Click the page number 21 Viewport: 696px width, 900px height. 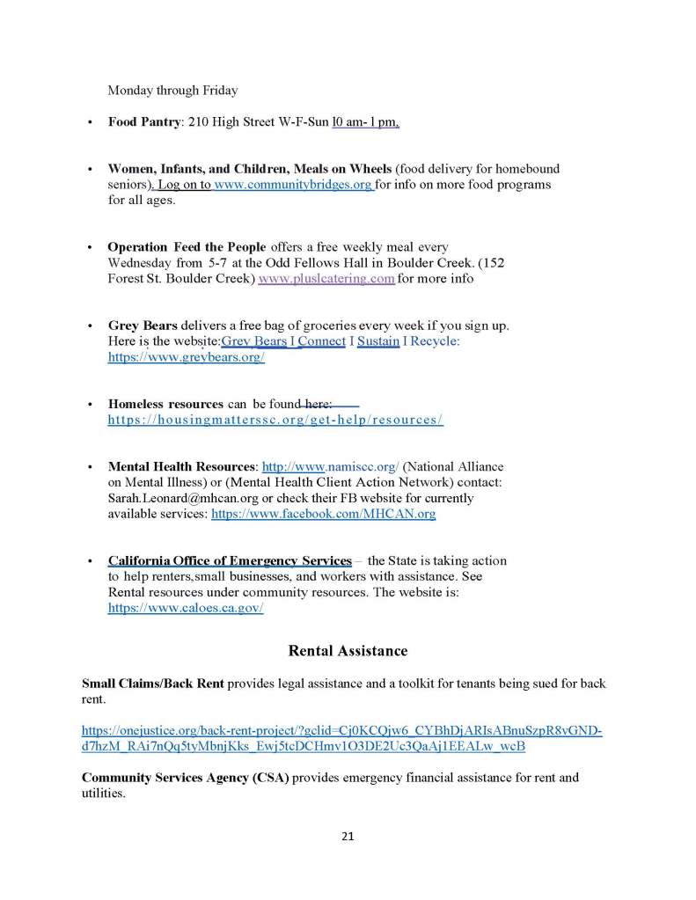[x=348, y=836]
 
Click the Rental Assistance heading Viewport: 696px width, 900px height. [x=348, y=651]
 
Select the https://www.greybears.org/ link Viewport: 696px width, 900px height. [x=186, y=358]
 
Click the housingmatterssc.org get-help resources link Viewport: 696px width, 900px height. [x=275, y=420]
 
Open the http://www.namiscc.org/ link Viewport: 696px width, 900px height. [x=331, y=466]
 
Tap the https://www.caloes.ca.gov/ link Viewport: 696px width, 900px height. [x=186, y=607]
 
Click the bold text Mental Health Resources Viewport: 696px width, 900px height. [x=181, y=466]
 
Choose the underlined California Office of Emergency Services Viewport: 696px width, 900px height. [x=230, y=560]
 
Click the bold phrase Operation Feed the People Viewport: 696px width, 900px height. [x=187, y=247]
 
